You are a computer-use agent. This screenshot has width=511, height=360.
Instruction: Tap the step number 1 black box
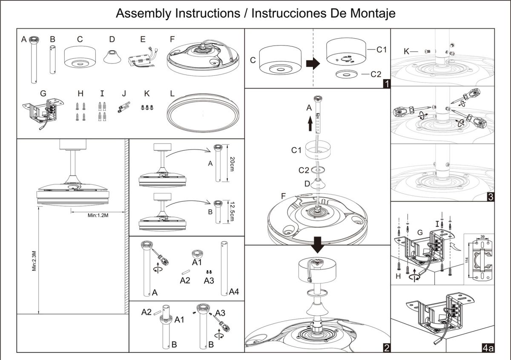[387, 84]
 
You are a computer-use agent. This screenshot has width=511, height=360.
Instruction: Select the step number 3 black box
[491, 197]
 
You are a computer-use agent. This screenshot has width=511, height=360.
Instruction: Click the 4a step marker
[488, 348]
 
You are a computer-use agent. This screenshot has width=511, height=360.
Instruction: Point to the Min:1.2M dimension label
[98, 215]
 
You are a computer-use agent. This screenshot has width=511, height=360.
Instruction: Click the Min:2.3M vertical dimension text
[34, 261]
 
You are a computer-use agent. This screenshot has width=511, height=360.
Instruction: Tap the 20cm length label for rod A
[232, 164]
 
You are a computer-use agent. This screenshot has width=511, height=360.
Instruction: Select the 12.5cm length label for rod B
[232, 211]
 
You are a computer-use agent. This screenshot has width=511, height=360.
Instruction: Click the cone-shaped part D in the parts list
[112, 57]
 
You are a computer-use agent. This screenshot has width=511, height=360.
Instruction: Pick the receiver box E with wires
[143, 58]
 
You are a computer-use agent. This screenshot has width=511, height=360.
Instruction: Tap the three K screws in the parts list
[147, 107]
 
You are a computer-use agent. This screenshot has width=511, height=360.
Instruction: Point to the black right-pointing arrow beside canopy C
[313, 63]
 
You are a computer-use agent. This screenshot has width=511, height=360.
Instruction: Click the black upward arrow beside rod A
[310, 123]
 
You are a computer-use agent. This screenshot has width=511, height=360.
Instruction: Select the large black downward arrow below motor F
[317, 245]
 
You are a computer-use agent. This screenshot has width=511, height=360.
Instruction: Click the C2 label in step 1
[376, 74]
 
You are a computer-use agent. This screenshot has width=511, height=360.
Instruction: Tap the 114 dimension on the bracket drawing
[467, 260]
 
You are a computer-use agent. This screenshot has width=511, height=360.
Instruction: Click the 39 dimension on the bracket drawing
[482, 237]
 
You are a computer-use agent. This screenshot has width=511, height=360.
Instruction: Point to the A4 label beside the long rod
[234, 291]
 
